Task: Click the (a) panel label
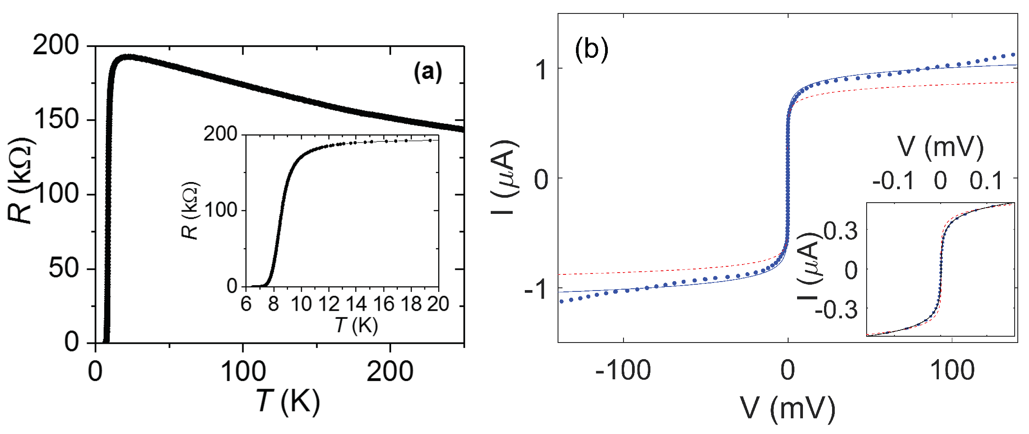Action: click(427, 72)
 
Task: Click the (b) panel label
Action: click(591, 48)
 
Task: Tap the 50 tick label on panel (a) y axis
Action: click(63, 269)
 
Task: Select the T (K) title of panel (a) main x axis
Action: click(288, 401)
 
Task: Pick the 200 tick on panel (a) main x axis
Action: click(390, 372)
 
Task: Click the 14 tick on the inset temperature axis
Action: click(356, 304)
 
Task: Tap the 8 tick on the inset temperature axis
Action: click(273, 304)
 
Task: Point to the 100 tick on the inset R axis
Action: click(221, 210)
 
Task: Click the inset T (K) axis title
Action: click(357, 325)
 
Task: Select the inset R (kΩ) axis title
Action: click(190, 211)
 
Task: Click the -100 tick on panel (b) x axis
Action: click(623, 372)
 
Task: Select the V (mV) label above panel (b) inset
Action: click(940, 147)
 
